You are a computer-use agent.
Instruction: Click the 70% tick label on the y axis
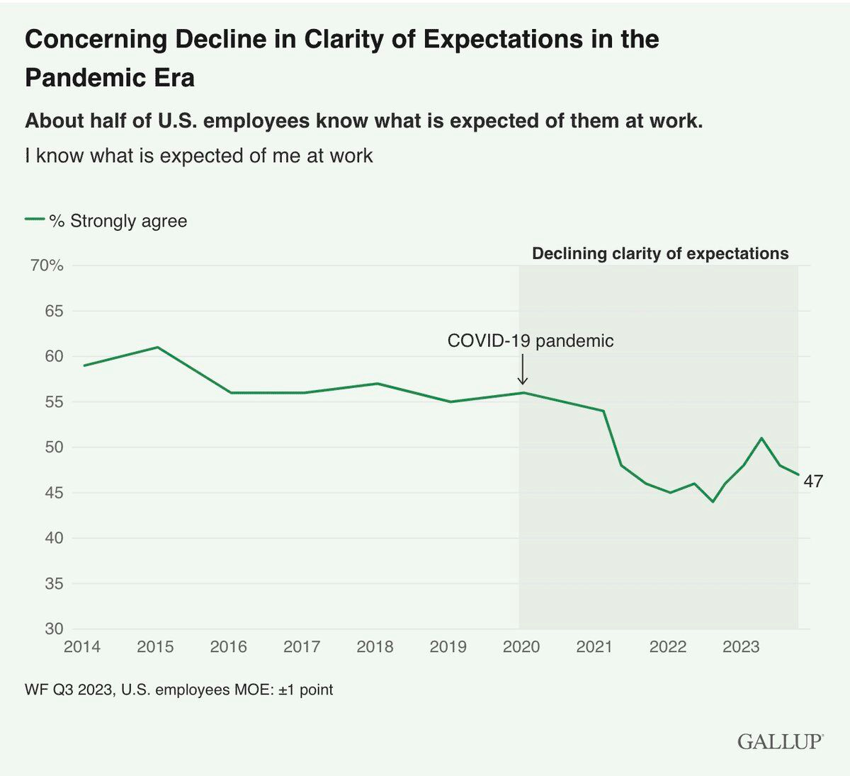click(47, 266)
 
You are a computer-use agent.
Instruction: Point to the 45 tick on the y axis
click(54, 493)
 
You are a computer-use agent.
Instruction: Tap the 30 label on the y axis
click(54, 629)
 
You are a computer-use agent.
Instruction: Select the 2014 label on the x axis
click(82, 646)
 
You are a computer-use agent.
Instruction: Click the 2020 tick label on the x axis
click(521, 646)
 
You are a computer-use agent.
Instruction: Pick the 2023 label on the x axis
click(741, 646)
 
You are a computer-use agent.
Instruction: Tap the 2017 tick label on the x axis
click(302, 646)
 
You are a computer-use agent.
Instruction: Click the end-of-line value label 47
click(813, 481)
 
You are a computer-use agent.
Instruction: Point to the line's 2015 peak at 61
click(157, 348)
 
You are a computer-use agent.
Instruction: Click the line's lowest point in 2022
click(713, 501)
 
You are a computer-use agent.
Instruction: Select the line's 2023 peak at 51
click(761, 438)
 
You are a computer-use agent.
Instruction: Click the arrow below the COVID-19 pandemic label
click(523, 370)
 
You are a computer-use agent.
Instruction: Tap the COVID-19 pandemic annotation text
click(530, 341)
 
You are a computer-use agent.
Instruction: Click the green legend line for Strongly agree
click(35, 219)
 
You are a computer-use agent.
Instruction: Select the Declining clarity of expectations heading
click(660, 253)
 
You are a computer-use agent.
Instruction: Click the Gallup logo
click(780, 741)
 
